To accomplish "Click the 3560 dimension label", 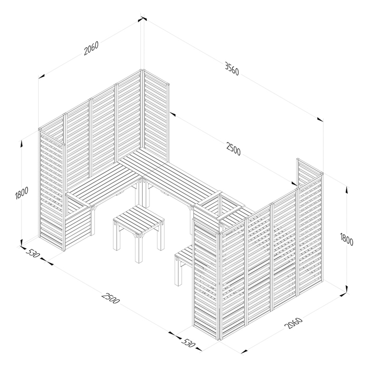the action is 232,69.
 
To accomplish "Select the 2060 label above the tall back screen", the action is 91,49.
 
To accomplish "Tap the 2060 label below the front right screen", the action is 293,323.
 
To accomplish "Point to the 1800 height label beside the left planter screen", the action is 21,193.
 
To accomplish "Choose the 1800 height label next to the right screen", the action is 346,239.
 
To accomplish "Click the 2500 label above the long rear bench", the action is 234,149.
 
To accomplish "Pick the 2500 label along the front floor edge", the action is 110,298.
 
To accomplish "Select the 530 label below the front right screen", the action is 188,343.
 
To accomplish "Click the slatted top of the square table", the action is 139,219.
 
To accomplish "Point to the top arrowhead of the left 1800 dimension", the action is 22,144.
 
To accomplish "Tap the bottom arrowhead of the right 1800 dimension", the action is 346,288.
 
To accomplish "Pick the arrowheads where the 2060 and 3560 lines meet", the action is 142,19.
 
